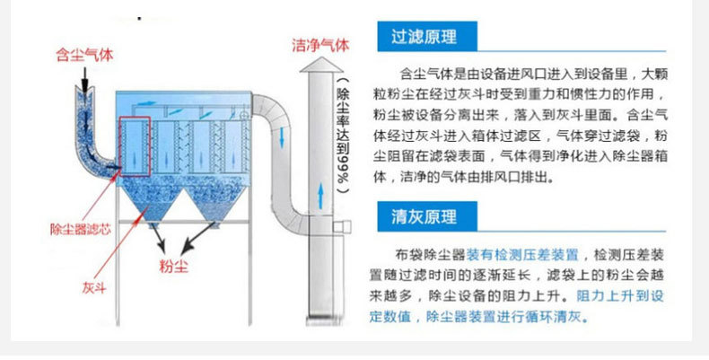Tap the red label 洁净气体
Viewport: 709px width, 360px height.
[319, 44]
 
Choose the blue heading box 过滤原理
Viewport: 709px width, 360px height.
[425, 38]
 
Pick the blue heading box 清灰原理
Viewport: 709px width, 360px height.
[425, 217]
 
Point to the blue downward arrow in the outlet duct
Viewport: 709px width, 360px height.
[284, 136]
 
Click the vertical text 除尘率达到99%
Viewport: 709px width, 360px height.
[342, 135]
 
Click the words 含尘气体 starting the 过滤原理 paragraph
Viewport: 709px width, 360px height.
[420, 74]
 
